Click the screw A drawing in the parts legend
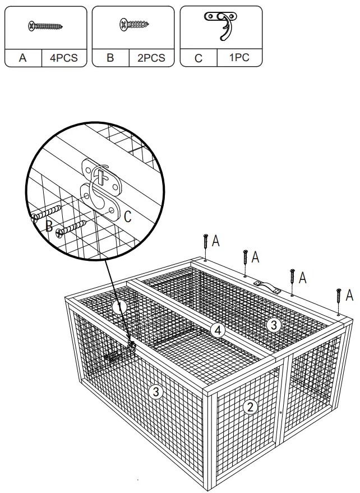[45, 26]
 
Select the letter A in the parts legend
[22, 58]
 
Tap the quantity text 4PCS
[63, 58]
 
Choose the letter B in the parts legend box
[110, 58]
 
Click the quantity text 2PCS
[151, 58]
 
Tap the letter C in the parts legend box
[199, 58]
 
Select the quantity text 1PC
[239, 58]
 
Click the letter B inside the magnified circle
[49, 226]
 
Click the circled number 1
[118, 307]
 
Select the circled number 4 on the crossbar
[219, 330]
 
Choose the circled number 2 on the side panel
[251, 407]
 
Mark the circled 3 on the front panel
[156, 393]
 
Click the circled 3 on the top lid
[273, 325]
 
